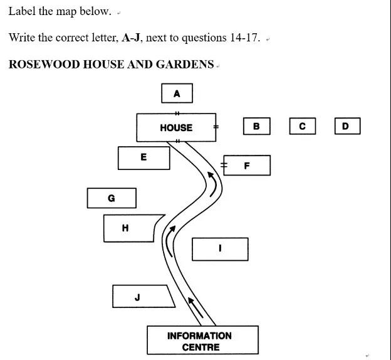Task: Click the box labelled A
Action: (177, 93)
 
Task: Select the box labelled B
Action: (256, 126)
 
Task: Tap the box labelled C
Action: (302, 126)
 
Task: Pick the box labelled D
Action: (347, 126)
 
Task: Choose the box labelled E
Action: (143, 157)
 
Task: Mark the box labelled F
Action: (247, 166)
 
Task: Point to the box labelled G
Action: (112, 198)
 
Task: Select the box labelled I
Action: (219, 249)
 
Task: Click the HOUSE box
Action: (176, 127)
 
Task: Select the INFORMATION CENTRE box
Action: (202, 341)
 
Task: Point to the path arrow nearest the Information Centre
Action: (196, 307)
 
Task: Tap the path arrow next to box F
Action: (213, 183)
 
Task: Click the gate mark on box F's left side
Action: (223, 166)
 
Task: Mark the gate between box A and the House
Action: (177, 113)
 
